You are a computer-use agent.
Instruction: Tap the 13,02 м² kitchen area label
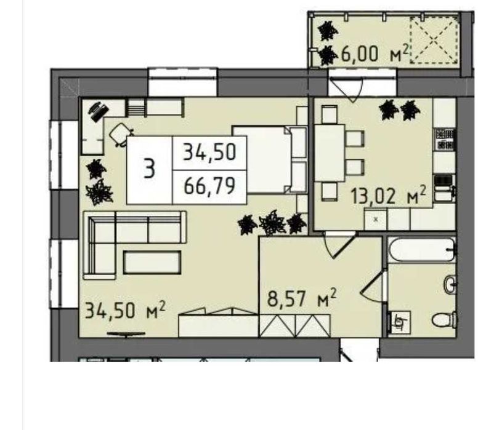[388, 196]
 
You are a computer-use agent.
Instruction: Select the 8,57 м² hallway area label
[301, 298]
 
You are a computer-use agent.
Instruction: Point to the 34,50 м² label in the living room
[125, 310]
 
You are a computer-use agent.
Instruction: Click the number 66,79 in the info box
[209, 186]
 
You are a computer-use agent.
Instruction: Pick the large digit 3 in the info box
[150, 169]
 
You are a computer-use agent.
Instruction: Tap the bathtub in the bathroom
[421, 250]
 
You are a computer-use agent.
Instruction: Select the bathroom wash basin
[450, 284]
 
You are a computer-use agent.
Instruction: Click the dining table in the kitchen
[330, 153]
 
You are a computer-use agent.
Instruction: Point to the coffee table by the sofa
[152, 262]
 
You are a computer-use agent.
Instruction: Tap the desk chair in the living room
[121, 134]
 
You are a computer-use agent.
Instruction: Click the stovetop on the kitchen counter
[444, 139]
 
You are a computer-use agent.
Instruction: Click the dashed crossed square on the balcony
[434, 39]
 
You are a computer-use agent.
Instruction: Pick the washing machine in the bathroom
[399, 322]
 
